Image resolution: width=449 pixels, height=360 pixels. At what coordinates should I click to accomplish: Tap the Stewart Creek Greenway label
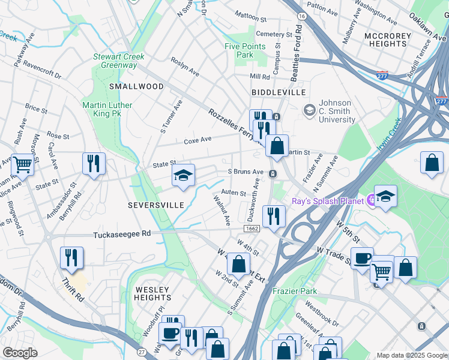pyautogui.click(x=115, y=61)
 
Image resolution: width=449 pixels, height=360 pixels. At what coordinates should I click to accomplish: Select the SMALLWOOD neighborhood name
pyautogui.click(x=136, y=86)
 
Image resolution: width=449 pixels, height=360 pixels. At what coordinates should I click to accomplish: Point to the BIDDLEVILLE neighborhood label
pyautogui.click(x=279, y=92)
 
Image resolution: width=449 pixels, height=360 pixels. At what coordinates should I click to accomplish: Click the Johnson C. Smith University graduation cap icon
pyautogui.click(x=309, y=110)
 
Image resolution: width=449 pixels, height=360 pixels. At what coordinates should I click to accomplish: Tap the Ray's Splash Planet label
pyautogui.click(x=329, y=200)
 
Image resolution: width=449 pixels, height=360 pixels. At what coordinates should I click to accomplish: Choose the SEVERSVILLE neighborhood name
pyautogui.click(x=155, y=205)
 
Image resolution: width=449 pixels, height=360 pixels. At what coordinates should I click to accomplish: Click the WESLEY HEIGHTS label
pyautogui.click(x=152, y=293)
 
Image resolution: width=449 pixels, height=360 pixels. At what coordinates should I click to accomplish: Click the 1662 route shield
pyautogui.click(x=252, y=229)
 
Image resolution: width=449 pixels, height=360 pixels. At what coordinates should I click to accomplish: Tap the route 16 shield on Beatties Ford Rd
pyautogui.click(x=302, y=14)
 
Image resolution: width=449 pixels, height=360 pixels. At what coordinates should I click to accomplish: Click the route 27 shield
pyautogui.click(x=141, y=352)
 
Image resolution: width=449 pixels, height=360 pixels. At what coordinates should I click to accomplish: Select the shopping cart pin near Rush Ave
pyautogui.click(x=22, y=163)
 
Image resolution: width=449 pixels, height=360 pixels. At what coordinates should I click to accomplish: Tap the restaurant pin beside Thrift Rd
pyautogui.click(x=71, y=257)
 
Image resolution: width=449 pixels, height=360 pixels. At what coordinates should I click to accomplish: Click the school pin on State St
pyautogui.click(x=183, y=175)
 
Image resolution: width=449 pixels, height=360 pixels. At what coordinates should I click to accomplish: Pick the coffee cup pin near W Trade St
pyautogui.click(x=362, y=258)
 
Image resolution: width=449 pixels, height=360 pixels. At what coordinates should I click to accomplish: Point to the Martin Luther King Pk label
pyautogui.click(x=107, y=110)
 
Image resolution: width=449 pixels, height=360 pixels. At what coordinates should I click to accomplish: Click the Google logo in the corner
pyautogui.click(x=19, y=353)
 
